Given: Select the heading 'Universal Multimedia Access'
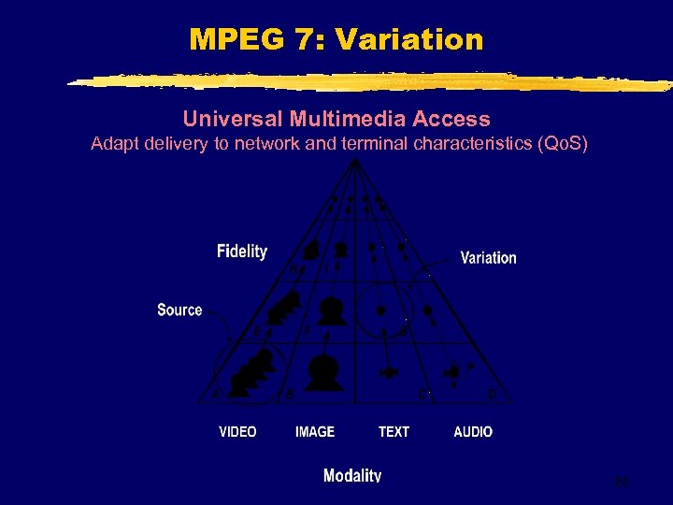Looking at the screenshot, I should click(x=336, y=119).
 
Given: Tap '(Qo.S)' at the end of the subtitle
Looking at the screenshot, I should click(x=557, y=144).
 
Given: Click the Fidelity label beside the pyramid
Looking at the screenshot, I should click(x=241, y=251).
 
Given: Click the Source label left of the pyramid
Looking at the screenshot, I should click(x=179, y=310).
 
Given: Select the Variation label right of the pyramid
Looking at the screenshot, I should click(x=488, y=257).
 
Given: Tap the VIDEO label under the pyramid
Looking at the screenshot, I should click(x=237, y=431).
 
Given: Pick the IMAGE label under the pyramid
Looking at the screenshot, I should click(x=315, y=431).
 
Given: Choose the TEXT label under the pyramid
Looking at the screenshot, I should click(x=394, y=431).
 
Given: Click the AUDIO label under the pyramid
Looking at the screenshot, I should click(x=473, y=431).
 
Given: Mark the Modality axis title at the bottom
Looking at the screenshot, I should click(x=351, y=475).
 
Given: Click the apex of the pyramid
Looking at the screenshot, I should click(x=353, y=161).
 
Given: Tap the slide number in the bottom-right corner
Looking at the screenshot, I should click(x=621, y=482).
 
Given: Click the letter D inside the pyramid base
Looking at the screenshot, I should click(x=492, y=395).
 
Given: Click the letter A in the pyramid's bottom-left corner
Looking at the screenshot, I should click(x=216, y=395).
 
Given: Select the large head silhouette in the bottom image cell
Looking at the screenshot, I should click(x=324, y=371).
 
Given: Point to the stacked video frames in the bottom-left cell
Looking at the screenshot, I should click(x=254, y=372).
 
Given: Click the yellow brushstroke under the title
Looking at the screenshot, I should click(x=369, y=81).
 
